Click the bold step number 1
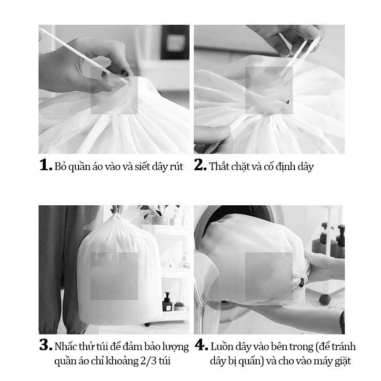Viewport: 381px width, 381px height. coord(46,165)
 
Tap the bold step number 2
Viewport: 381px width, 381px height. coord(200,165)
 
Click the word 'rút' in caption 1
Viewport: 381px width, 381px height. coord(177,167)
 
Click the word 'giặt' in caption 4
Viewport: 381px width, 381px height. coord(343,361)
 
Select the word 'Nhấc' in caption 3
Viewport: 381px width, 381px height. coord(64,346)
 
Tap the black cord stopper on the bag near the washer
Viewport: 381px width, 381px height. coord(302,283)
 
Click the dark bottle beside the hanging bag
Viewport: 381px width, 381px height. coord(167,302)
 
